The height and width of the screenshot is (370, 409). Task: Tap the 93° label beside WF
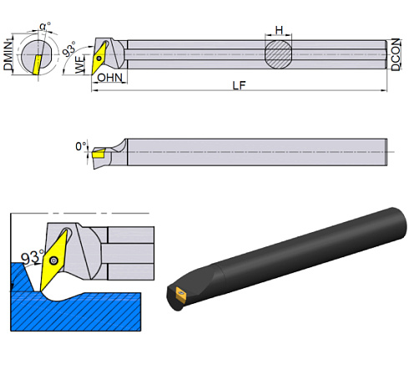[69, 48]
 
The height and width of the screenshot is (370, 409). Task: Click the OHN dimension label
[109, 78]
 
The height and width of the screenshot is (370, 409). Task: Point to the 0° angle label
[80, 146]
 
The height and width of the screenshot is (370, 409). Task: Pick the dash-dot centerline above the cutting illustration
[83, 214]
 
